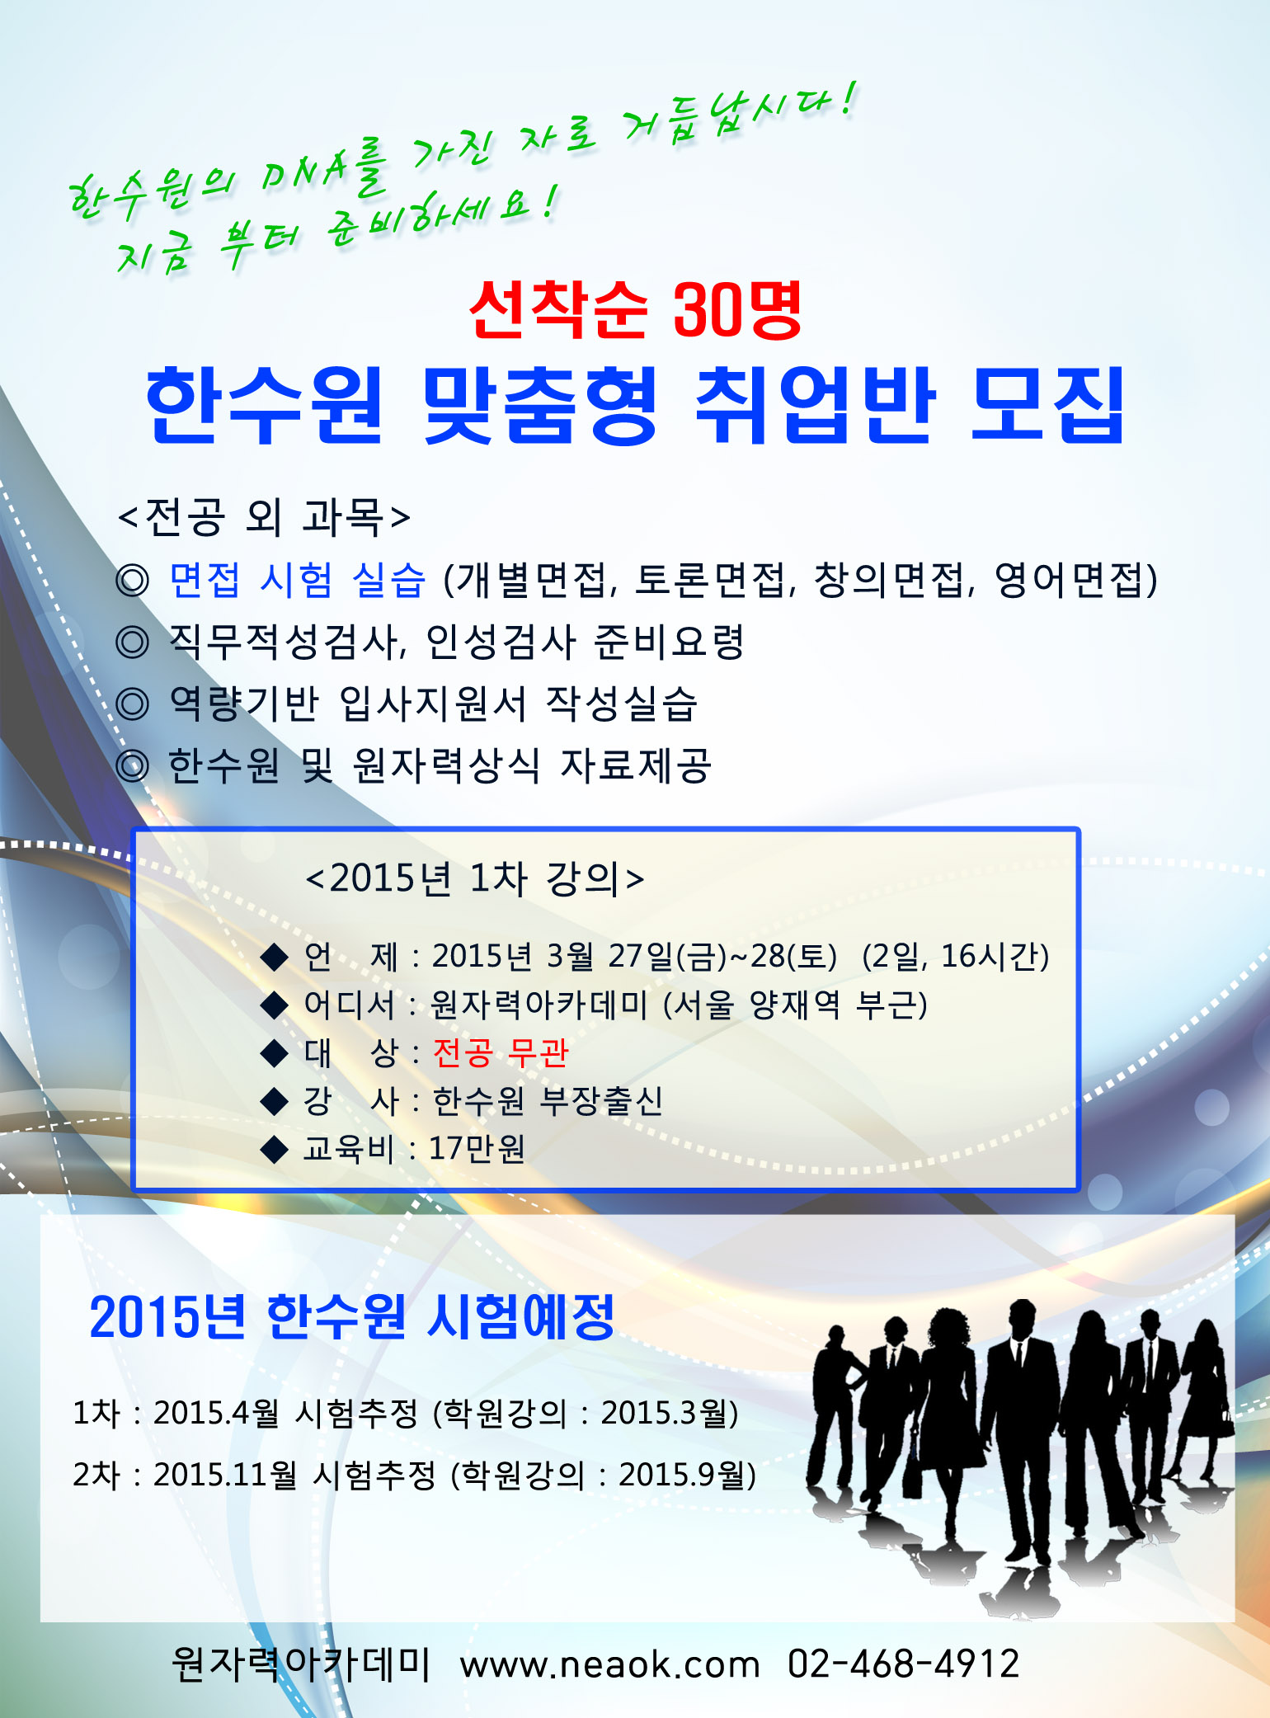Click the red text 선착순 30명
point(635,310)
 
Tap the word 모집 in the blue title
point(1048,405)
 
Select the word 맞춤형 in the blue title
point(540,405)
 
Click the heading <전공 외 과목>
point(264,517)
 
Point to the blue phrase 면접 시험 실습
point(298,579)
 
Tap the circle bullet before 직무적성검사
point(132,642)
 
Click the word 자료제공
point(636,765)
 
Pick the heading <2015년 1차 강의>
point(475,878)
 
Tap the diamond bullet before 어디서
point(274,1005)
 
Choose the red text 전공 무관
point(501,1052)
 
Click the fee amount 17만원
point(477,1148)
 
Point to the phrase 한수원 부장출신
point(548,1100)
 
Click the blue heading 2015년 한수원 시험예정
point(352,1316)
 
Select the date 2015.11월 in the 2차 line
point(225,1475)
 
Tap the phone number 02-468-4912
point(904,1664)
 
